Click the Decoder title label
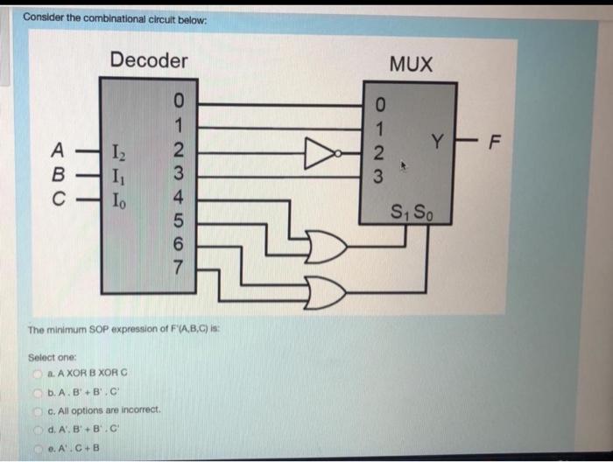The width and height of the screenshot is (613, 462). click(148, 60)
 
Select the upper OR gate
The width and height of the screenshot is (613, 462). click(329, 247)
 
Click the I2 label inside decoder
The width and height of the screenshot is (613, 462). click(117, 156)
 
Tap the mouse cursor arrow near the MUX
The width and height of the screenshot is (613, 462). click(405, 163)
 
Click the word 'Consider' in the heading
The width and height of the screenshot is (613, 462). click(40, 17)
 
